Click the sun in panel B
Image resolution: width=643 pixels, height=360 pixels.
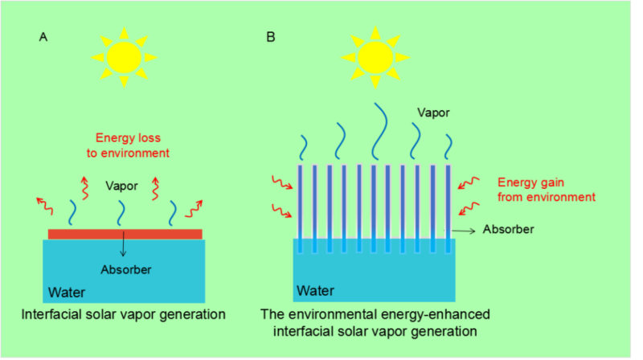(x=374, y=55)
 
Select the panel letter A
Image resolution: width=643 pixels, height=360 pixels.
(x=43, y=37)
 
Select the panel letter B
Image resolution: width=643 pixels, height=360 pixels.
(x=271, y=37)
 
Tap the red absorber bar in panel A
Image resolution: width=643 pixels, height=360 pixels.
(x=125, y=233)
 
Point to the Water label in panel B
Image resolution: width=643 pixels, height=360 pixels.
(x=316, y=289)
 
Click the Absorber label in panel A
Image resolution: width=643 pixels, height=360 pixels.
(x=125, y=268)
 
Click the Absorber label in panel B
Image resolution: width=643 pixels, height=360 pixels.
(x=508, y=230)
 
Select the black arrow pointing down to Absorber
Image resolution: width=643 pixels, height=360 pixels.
(x=123, y=244)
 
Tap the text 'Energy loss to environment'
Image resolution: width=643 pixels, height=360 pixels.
(x=133, y=145)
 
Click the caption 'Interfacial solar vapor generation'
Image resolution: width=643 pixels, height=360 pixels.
(x=123, y=313)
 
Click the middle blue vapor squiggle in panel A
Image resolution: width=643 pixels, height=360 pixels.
(x=121, y=213)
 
